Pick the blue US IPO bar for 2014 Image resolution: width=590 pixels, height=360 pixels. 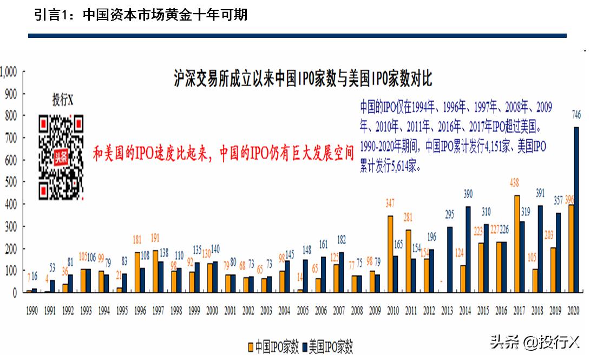point(468,249)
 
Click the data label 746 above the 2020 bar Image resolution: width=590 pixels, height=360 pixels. point(577,114)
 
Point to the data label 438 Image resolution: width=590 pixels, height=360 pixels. point(514,184)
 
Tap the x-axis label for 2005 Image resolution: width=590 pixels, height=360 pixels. point(303,311)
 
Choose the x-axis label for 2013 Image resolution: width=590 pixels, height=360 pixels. point(448,311)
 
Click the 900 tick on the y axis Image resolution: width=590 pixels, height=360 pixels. point(11,93)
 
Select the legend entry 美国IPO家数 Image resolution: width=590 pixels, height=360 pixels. point(328,346)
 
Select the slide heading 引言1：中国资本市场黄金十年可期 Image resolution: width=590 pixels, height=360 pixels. point(141,15)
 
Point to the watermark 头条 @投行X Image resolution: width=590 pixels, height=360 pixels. point(534,342)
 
